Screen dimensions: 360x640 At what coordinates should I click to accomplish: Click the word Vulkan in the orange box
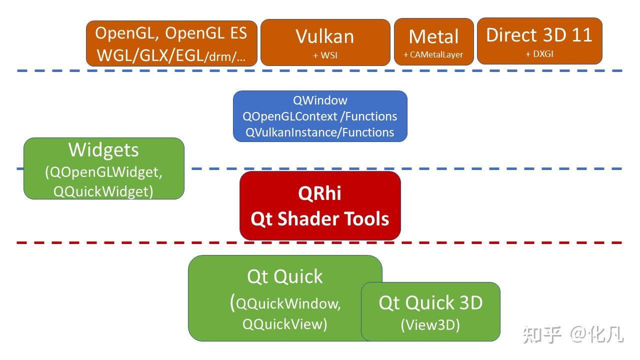(x=325, y=36)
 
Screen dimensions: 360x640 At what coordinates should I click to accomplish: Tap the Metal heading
(x=433, y=37)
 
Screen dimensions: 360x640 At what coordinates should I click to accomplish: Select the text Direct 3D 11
(x=539, y=35)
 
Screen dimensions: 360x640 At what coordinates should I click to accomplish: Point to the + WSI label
(x=325, y=55)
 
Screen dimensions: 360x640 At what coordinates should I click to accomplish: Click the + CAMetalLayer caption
(x=433, y=55)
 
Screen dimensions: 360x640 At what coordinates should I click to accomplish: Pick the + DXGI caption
(x=539, y=54)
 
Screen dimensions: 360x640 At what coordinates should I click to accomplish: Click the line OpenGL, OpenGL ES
(x=171, y=33)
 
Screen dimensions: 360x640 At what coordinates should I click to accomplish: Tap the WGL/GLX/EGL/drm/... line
(x=171, y=55)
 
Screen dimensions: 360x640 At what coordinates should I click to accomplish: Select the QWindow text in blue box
(x=320, y=100)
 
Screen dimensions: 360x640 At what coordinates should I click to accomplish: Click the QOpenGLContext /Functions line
(x=320, y=116)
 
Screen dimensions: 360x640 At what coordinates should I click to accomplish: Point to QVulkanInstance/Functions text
(x=320, y=132)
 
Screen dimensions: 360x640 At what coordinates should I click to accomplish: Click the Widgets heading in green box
(x=103, y=150)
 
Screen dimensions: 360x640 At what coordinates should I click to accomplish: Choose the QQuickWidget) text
(x=103, y=191)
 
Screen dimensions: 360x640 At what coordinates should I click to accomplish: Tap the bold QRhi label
(x=320, y=194)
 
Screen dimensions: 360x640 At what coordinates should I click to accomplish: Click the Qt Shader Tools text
(x=320, y=219)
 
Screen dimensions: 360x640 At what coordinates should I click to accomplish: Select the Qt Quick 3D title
(x=430, y=303)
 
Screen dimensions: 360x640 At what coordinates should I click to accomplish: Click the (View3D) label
(x=430, y=325)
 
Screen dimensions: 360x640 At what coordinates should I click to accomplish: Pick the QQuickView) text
(x=285, y=324)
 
